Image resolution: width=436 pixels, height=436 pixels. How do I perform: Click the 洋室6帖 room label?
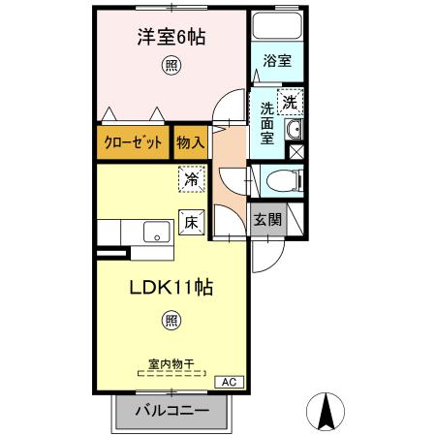170,37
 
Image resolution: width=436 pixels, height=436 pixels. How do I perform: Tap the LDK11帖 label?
172,288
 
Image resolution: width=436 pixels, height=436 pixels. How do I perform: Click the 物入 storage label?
190,141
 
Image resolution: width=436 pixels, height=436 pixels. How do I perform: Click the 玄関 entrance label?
267,219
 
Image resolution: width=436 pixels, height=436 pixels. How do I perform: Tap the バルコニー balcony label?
175,411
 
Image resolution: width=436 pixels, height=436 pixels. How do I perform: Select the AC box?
229,382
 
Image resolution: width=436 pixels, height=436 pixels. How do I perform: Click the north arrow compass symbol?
326,411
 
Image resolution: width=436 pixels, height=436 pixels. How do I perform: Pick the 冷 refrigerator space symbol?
192,179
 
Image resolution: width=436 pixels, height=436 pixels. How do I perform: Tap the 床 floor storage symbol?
191,222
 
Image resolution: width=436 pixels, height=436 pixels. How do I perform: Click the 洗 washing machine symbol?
290,100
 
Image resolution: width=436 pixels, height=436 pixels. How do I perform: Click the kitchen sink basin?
156,233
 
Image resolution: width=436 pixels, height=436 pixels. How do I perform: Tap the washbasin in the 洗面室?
295,132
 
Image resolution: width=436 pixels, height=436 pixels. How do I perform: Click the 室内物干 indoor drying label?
171,364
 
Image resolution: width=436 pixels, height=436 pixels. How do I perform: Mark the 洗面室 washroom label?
266,122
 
